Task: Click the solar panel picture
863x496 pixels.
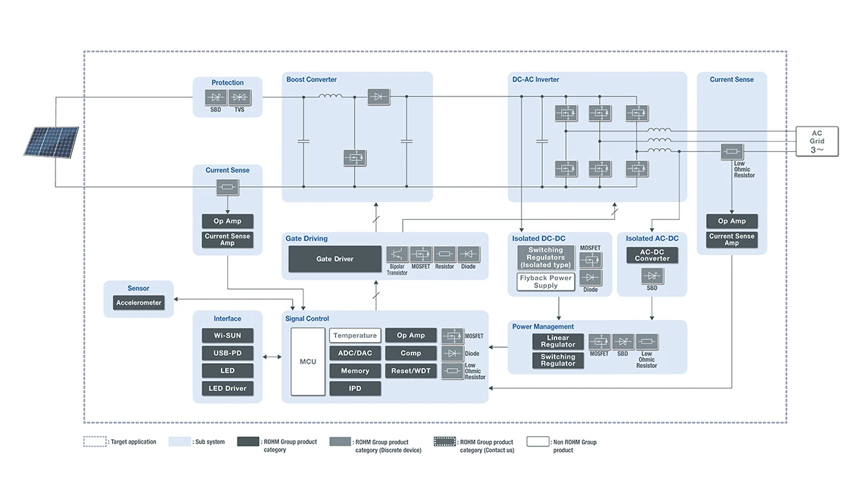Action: coord(51,142)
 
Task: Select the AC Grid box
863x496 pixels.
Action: coord(817,141)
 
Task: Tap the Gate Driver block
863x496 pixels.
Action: coord(334,259)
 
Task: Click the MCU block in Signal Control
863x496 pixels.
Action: coord(308,362)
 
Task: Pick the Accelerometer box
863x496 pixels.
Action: coord(139,303)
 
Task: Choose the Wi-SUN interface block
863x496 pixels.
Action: coord(227,336)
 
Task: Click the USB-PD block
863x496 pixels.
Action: coord(227,353)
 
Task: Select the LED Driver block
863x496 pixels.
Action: coord(227,388)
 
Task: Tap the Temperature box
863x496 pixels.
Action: coord(355,336)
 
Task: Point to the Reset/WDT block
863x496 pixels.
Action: coord(411,371)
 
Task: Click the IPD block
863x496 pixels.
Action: coord(355,388)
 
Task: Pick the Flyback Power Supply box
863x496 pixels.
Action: coord(546,282)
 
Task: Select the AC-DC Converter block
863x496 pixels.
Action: coord(652,255)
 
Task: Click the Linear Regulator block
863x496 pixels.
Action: coord(558,341)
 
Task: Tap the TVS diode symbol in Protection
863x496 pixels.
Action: coord(239,97)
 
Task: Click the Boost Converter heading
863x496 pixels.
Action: coord(311,80)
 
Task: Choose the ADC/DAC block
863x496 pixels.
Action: coord(355,353)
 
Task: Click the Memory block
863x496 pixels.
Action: coord(355,371)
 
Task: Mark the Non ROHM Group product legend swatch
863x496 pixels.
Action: coord(538,441)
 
